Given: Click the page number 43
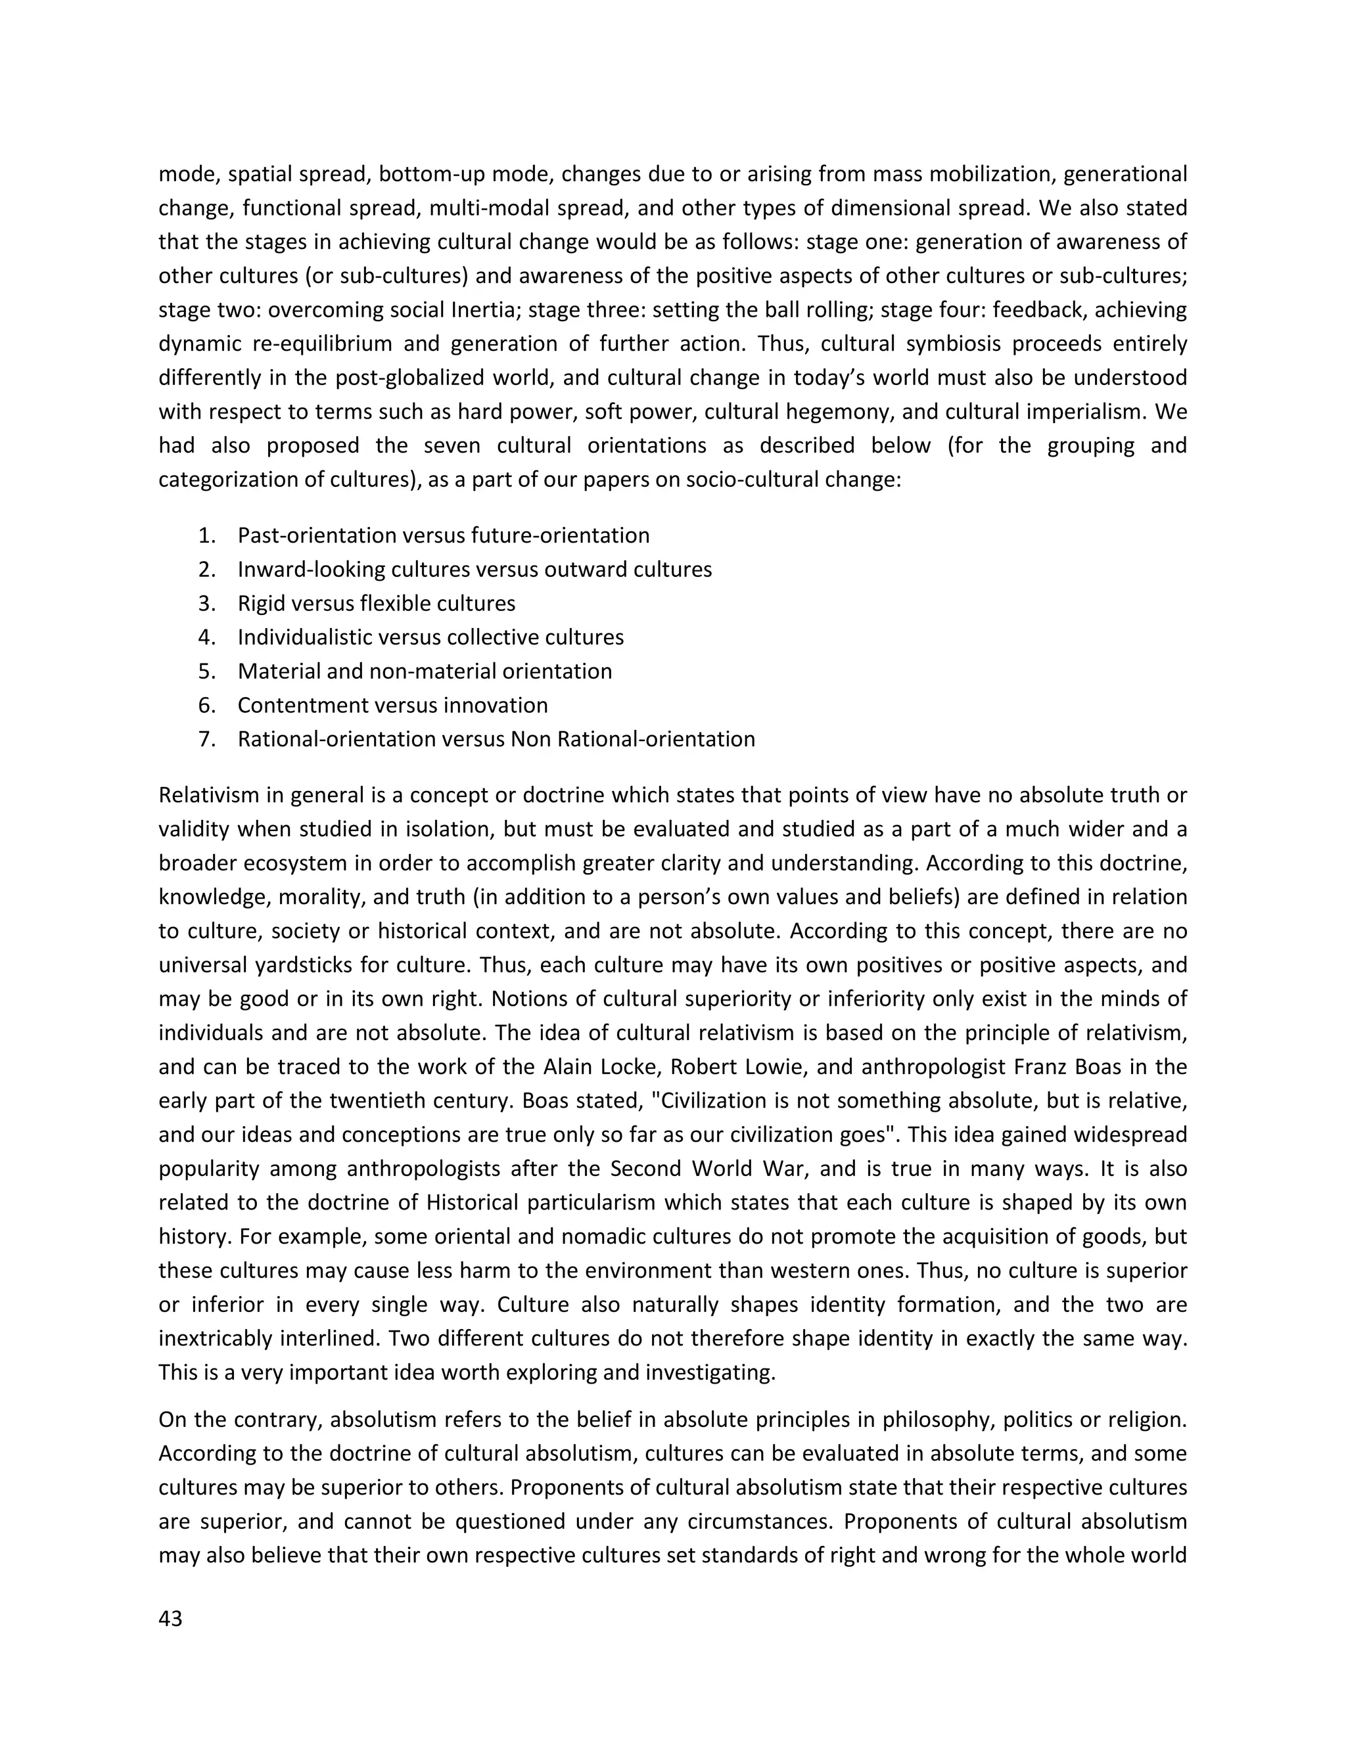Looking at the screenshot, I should [x=171, y=1619].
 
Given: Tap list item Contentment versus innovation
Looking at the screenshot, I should [x=392, y=706].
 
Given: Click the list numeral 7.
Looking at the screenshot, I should [x=207, y=740].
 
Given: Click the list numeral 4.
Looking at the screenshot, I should [x=207, y=638].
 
